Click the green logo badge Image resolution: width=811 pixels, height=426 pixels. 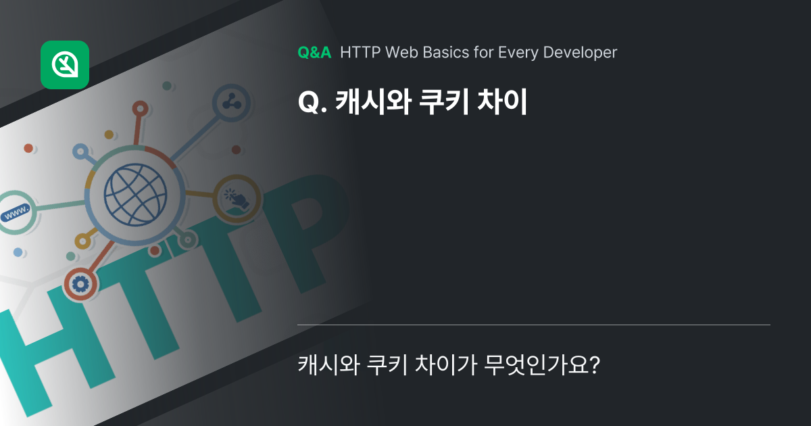click(x=65, y=65)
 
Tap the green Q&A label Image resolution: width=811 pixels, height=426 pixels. click(x=314, y=52)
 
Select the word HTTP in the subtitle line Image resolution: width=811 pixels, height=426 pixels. click(x=361, y=52)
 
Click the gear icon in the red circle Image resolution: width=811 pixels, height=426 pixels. click(x=80, y=285)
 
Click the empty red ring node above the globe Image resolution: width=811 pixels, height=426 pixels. click(x=140, y=108)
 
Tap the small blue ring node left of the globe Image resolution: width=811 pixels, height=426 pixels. click(x=80, y=151)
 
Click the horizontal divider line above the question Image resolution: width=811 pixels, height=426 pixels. click(x=534, y=325)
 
